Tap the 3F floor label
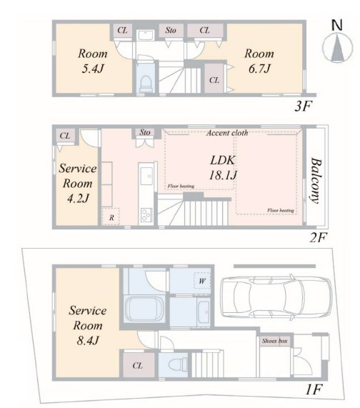[x=303, y=106]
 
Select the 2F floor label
[x=318, y=237]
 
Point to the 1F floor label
[x=314, y=390]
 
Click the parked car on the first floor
[x=276, y=297]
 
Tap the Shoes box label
[x=275, y=341]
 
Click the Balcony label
[x=316, y=181]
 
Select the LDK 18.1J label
[x=223, y=168]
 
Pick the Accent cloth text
[x=227, y=133]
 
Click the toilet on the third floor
[x=146, y=84]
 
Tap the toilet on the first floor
[x=178, y=364]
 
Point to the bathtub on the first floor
[x=144, y=309]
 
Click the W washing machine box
[x=202, y=281]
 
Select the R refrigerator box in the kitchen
[x=111, y=217]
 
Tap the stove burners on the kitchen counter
[x=146, y=214]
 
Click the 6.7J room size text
[x=259, y=69]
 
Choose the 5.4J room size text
[x=93, y=69]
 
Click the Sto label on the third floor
[x=171, y=31]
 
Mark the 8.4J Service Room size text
[x=87, y=341]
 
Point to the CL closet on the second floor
[x=65, y=136]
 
